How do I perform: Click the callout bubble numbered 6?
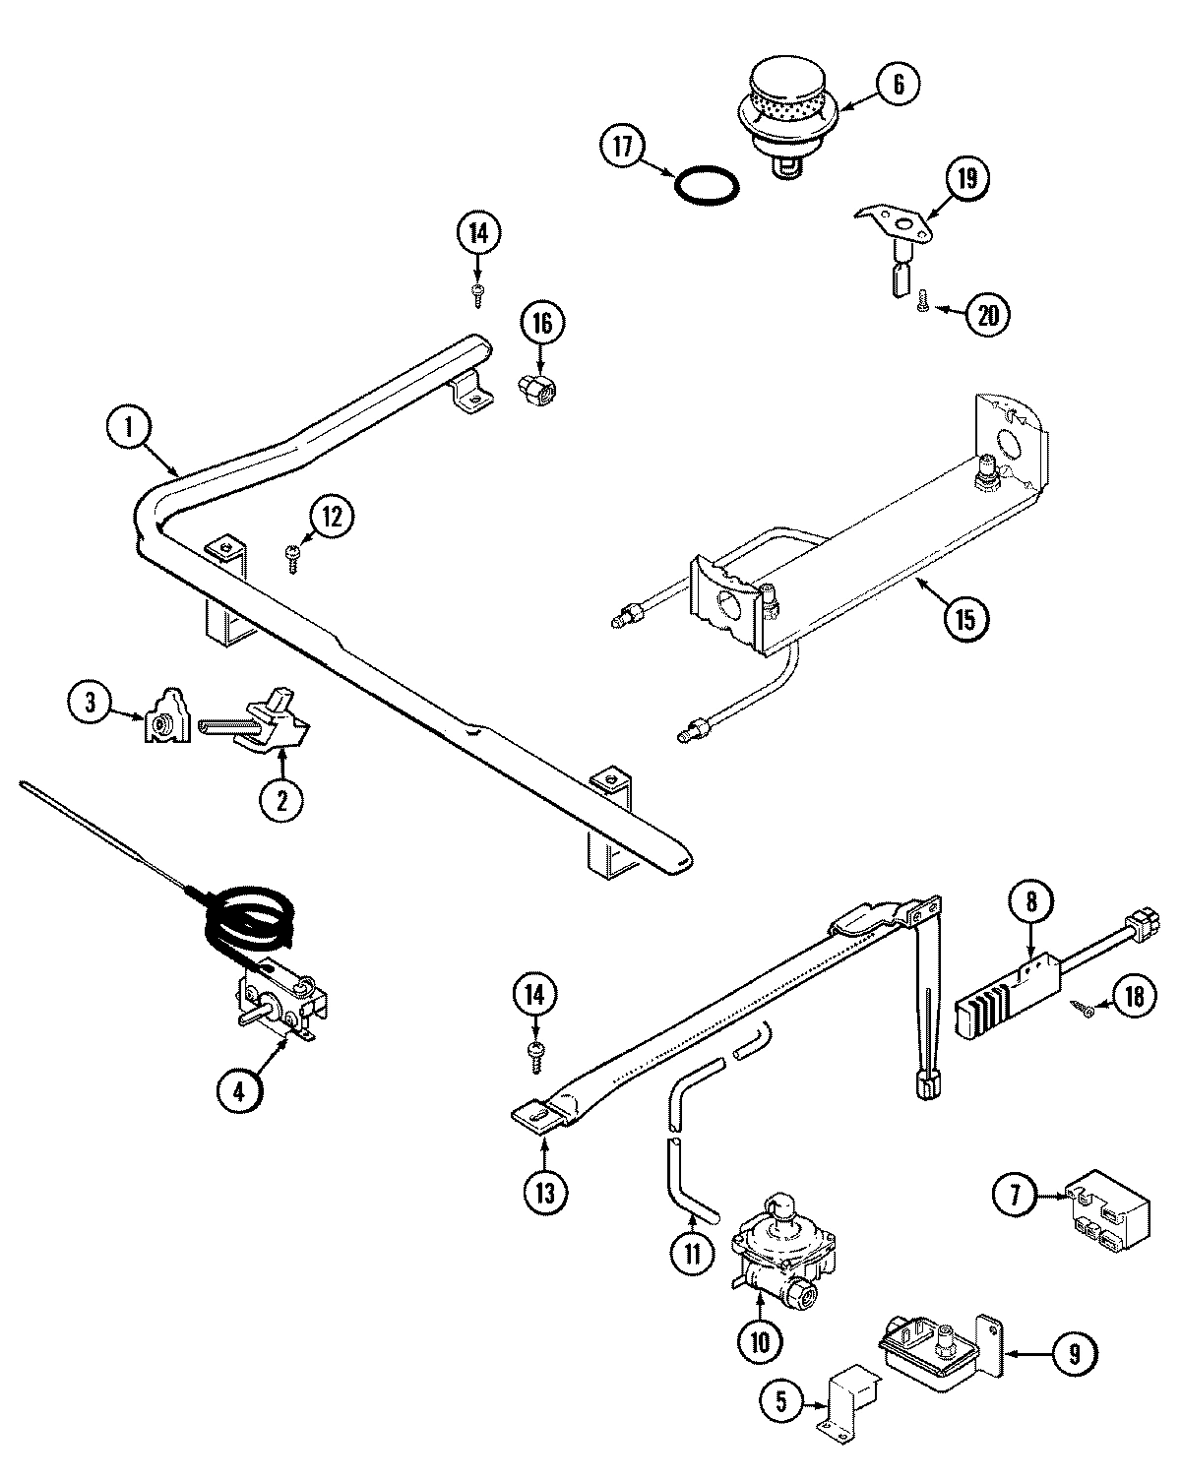(898, 85)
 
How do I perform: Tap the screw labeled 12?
(291, 556)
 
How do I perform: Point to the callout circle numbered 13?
(544, 1192)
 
